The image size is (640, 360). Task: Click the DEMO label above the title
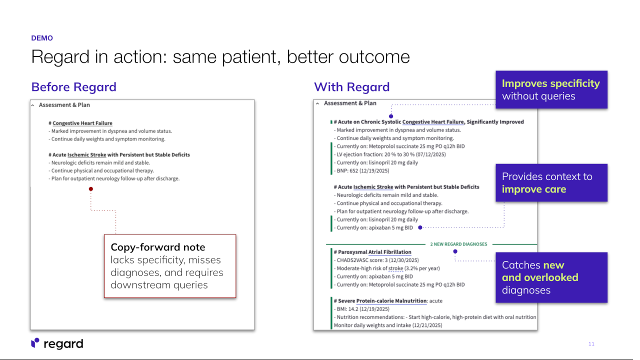(42, 38)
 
